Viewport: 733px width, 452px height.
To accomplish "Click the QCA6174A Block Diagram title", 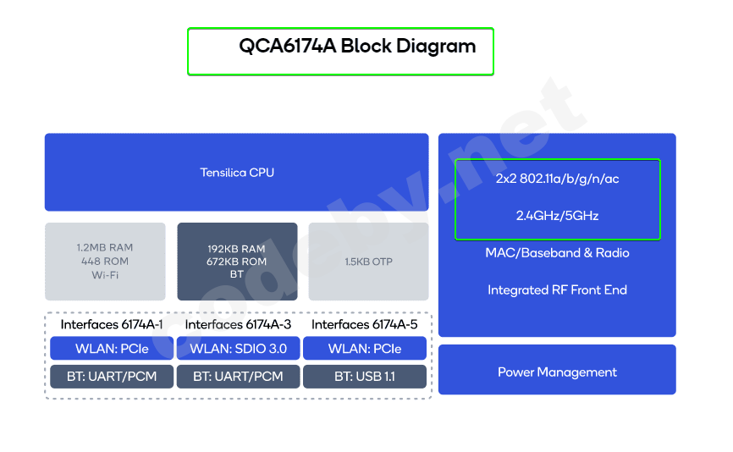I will (x=356, y=47).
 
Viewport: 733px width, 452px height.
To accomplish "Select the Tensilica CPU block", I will (x=237, y=173).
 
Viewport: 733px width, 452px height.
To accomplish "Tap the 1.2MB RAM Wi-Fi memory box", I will (x=105, y=262).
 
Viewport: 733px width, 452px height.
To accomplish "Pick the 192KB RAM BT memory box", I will (x=237, y=262).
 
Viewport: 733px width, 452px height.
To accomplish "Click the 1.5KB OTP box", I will (x=369, y=262).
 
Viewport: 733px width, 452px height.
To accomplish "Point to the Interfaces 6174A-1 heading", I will (x=112, y=324).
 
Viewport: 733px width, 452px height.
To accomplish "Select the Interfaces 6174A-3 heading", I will (x=238, y=324).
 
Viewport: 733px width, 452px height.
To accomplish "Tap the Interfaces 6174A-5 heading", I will (x=365, y=324).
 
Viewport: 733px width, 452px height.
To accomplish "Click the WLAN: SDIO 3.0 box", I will (x=238, y=349).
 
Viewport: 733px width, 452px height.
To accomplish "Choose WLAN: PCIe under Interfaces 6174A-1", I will (x=112, y=349).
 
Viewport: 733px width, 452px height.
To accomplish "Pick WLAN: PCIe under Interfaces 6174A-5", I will (x=365, y=349).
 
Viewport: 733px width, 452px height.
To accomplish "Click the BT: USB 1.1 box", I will (x=365, y=376).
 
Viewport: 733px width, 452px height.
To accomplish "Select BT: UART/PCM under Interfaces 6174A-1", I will (x=112, y=376).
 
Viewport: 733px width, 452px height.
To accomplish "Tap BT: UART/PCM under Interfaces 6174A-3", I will (x=238, y=376).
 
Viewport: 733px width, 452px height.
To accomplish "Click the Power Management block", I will (x=557, y=372).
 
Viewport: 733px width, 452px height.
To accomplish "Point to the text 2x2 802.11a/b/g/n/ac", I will (x=557, y=179).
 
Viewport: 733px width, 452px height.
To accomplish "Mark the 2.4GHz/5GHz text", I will (x=557, y=216).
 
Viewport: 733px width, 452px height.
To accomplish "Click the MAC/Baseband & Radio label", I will (x=557, y=253).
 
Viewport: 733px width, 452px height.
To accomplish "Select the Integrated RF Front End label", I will (x=557, y=290).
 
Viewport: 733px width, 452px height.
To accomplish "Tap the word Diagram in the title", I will (x=439, y=47).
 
